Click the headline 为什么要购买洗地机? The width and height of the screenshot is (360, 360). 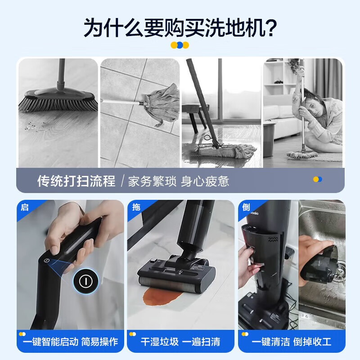pos(180,28)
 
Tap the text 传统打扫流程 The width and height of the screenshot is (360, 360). pos(76,181)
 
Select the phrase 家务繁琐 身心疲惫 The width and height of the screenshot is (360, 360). pos(178,181)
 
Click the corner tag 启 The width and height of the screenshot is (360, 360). pos(25,207)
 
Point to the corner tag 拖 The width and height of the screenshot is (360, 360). pos(136,207)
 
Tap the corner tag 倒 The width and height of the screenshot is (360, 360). pos(246,207)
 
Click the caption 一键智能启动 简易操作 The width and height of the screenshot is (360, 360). pos(71,342)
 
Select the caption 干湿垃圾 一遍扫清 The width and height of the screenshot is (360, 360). pos(180,342)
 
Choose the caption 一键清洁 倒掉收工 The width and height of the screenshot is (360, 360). pos(291,342)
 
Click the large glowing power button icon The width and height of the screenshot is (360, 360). pos(86,281)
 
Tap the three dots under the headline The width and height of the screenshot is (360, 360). pos(180,45)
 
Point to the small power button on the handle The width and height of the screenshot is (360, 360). pos(46,261)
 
